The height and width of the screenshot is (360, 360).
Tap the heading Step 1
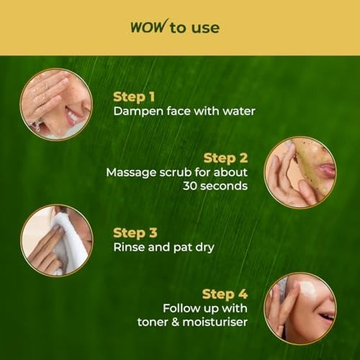point(134,97)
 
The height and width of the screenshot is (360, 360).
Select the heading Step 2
point(225,158)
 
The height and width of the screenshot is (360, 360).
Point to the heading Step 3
point(135,233)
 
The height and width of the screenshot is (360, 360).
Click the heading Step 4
point(225,294)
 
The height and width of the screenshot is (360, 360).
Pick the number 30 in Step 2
point(190,186)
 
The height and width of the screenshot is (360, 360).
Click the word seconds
point(224,186)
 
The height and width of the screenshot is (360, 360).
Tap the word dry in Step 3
point(204,248)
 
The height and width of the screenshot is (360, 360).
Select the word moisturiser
point(215,322)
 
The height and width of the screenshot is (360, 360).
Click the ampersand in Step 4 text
point(175,322)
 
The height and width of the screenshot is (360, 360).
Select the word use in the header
point(205,28)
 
